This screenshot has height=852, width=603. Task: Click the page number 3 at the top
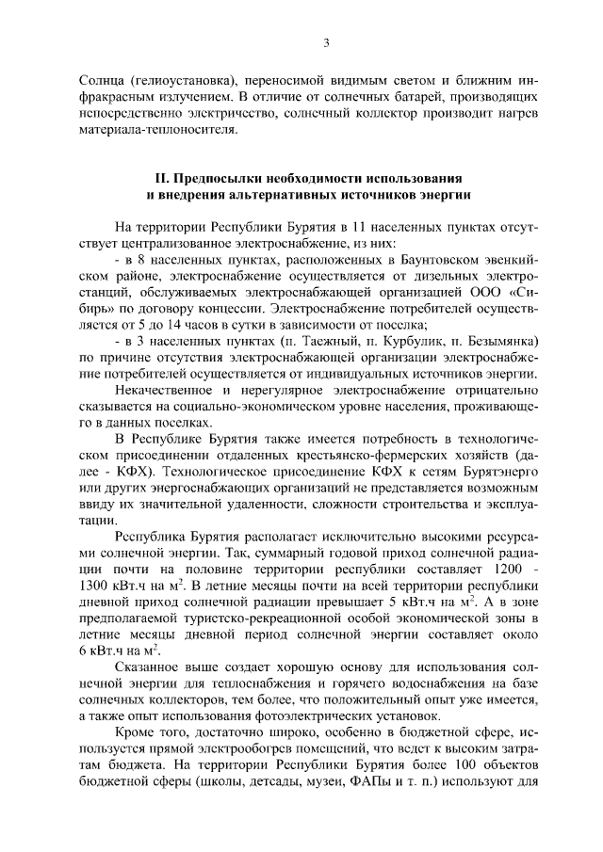click(325, 42)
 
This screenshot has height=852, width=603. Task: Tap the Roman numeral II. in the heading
click(161, 178)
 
